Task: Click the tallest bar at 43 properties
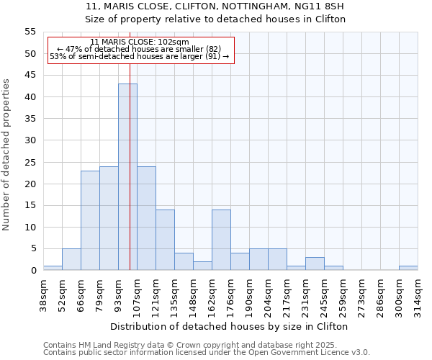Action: tap(127, 177)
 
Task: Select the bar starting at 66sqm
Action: tap(90, 220)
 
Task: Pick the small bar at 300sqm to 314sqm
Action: tap(408, 268)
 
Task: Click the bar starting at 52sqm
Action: tap(71, 259)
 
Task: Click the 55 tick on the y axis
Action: tap(30, 32)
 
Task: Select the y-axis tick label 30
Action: tap(30, 140)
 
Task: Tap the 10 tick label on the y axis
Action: tap(30, 227)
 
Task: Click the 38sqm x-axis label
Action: tap(43, 294)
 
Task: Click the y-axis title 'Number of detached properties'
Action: tap(7, 155)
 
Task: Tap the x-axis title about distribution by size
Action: tap(230, 326)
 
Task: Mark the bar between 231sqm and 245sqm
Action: tap(315, 264)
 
